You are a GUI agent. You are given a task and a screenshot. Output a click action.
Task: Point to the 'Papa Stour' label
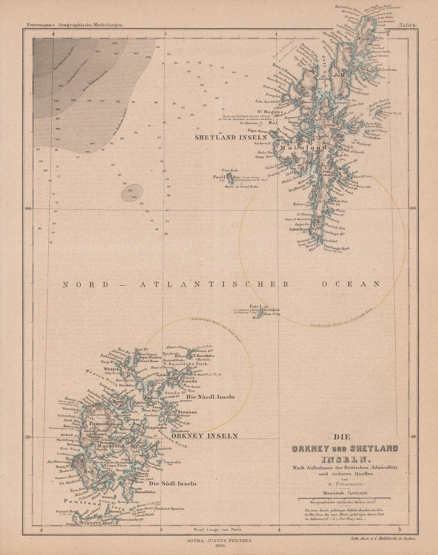tap(256, 131)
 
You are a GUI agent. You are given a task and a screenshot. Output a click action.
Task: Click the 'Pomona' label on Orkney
tap(99, 424)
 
